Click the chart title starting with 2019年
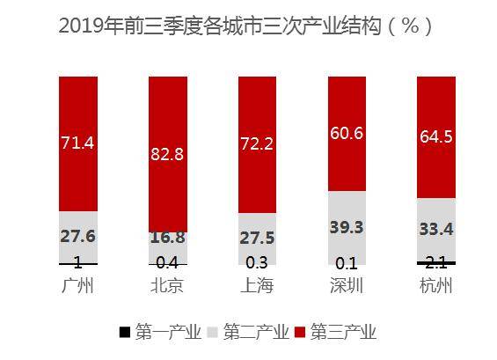pos(245,26)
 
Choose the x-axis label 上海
pos(256,286)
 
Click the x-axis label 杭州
pos(435,286)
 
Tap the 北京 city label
pos(167,286)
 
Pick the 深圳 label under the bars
pos(346,286)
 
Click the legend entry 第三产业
pos(347,332)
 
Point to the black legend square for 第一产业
pos(124,332)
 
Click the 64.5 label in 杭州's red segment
pos(435,137)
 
